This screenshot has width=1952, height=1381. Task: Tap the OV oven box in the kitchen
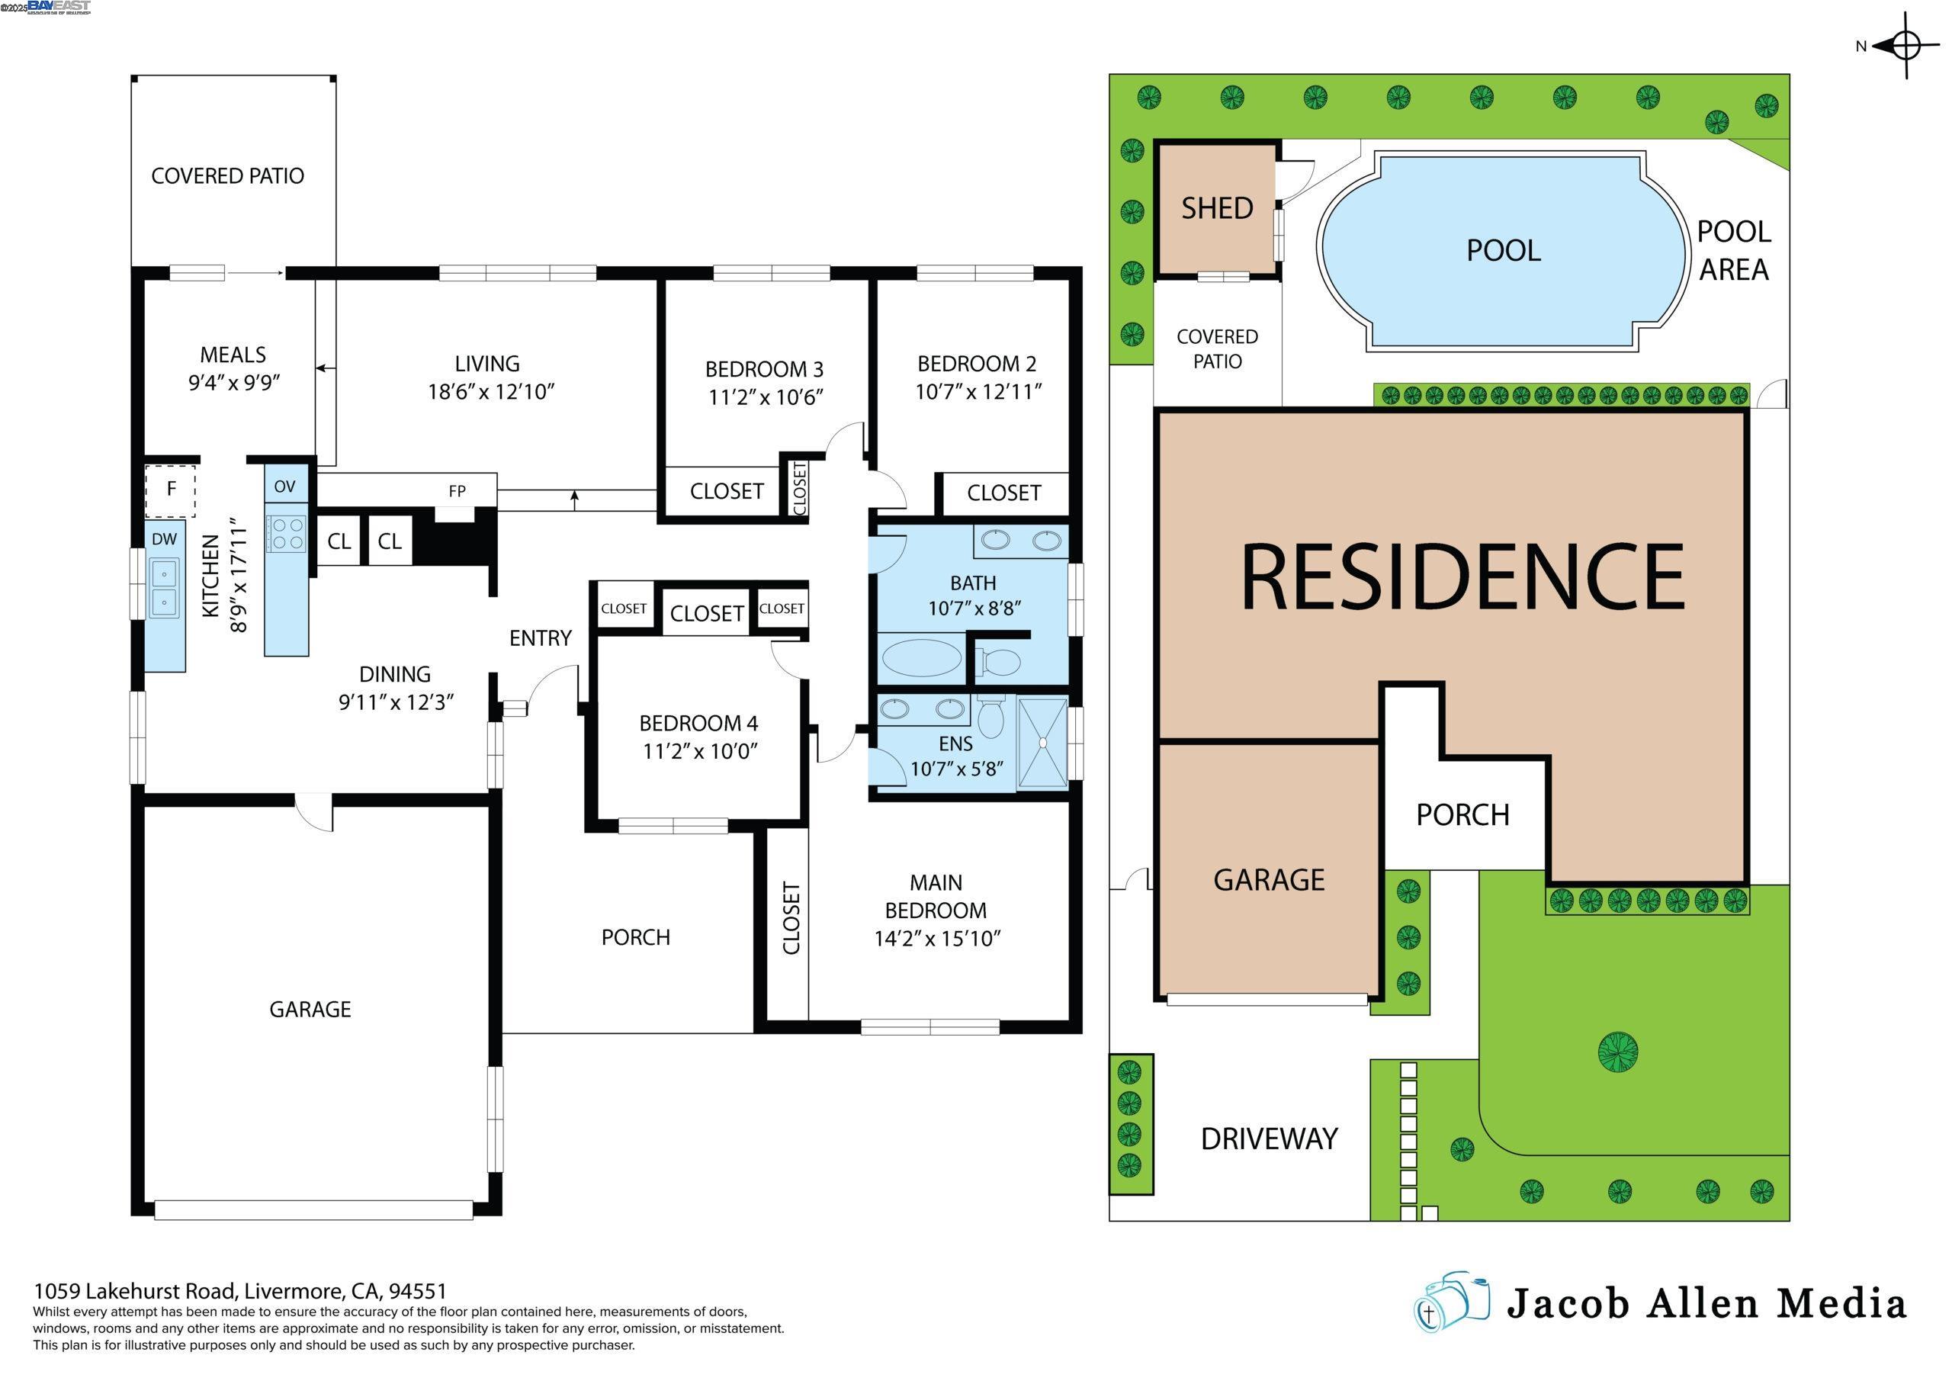[285, 486]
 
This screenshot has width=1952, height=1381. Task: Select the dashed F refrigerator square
[171, 490]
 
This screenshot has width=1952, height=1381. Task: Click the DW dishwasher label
[164, 538]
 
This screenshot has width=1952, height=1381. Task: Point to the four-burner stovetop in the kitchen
[286, 533]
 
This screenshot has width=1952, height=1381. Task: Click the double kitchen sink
[164, 588]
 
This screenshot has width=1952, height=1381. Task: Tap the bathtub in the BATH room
[921, 658]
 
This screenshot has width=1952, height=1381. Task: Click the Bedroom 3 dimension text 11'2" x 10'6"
[765, 397]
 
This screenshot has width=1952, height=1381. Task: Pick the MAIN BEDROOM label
[935, 896]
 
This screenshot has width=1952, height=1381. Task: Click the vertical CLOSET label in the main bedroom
[791, 917]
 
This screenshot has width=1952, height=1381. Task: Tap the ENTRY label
[540, 638]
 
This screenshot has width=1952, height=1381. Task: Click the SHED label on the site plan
[1217, 208]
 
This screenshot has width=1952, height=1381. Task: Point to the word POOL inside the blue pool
[1503, 250]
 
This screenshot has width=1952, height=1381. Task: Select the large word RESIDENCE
[1462, 577]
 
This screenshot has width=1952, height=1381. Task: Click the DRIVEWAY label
[1269, 1139]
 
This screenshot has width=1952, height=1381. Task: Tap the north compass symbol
[1905, 46]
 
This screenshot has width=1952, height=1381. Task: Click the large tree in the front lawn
[1617, 1051]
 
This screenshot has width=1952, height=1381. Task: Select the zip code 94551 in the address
[416, 1292]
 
